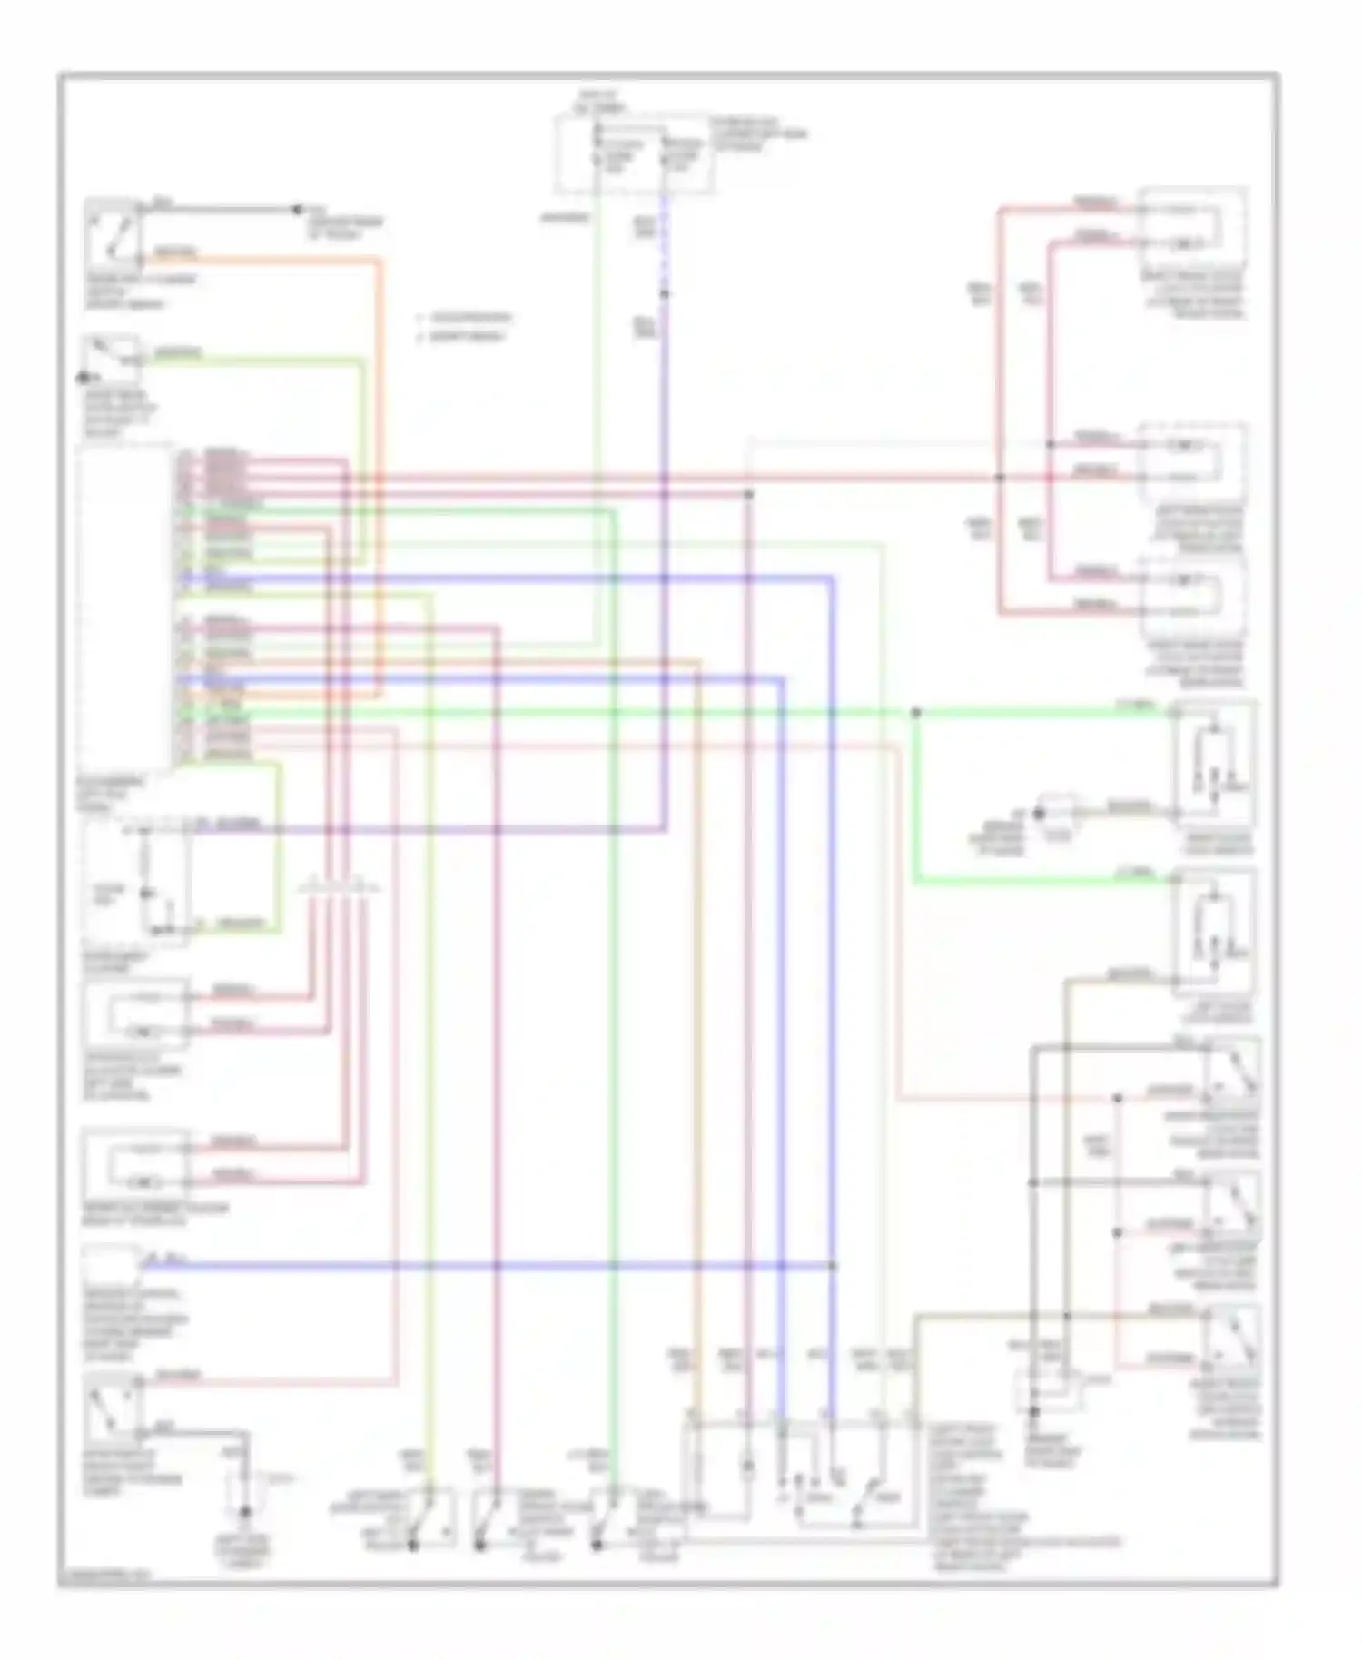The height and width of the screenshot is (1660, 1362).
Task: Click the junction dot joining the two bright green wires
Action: click(915, 713)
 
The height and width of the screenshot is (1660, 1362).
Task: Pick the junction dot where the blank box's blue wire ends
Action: click(833, 1265)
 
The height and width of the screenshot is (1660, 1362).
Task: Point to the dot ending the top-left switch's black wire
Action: click(296, 210)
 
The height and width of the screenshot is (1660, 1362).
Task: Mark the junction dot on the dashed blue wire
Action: click(665, 293)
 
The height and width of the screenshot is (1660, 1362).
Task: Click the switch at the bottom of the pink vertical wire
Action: click(490, 1518)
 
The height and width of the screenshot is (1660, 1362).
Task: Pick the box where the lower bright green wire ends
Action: click(1214, 931)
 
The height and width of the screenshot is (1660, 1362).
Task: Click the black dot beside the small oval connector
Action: click(1040, 815)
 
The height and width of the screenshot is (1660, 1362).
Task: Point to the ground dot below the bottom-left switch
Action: click(244, 1511)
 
